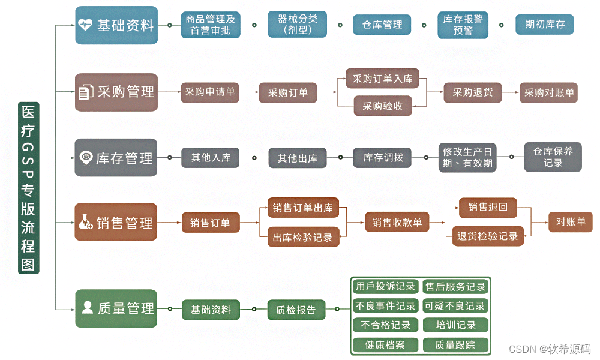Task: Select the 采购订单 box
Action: [288, 93]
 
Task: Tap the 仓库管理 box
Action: [382, 25]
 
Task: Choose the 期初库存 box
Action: [544, 25]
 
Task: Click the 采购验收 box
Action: [382, 106]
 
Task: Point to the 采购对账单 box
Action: [549, 93]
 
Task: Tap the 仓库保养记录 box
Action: [553, 157]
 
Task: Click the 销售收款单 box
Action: [397, 223]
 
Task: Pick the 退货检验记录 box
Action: [488, 236]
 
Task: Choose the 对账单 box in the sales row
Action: [571, 222]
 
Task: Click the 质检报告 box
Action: [296, 310]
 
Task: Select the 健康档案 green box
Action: [385, 345]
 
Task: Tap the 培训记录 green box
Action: [455, 325]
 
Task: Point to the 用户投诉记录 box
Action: [385, 287]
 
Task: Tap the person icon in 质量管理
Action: [87, 308]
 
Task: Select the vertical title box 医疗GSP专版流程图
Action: [28, 188]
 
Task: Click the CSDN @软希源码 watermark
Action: [549, 349]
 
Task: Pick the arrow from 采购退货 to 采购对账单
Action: [510, 93]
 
